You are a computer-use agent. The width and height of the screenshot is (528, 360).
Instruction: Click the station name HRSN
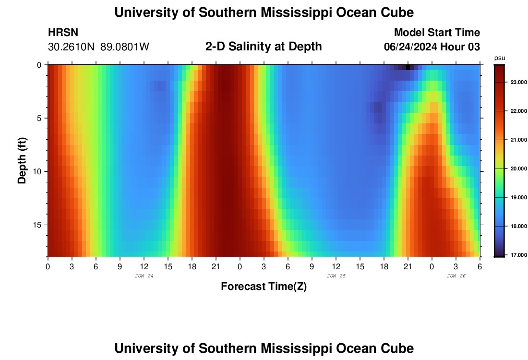63,33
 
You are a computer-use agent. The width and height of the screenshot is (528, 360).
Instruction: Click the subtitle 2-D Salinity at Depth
264,47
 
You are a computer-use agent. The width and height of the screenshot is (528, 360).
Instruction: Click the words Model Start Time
437,33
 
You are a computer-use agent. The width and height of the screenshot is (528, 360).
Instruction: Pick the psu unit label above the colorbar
499,58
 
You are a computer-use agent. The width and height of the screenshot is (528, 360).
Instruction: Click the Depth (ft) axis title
22,161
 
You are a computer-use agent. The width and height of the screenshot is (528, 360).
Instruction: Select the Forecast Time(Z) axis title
264,287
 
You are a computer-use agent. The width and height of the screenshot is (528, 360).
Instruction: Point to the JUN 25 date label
336,276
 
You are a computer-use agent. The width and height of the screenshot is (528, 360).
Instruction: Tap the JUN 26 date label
456,276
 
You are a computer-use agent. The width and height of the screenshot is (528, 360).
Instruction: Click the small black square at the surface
408,67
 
